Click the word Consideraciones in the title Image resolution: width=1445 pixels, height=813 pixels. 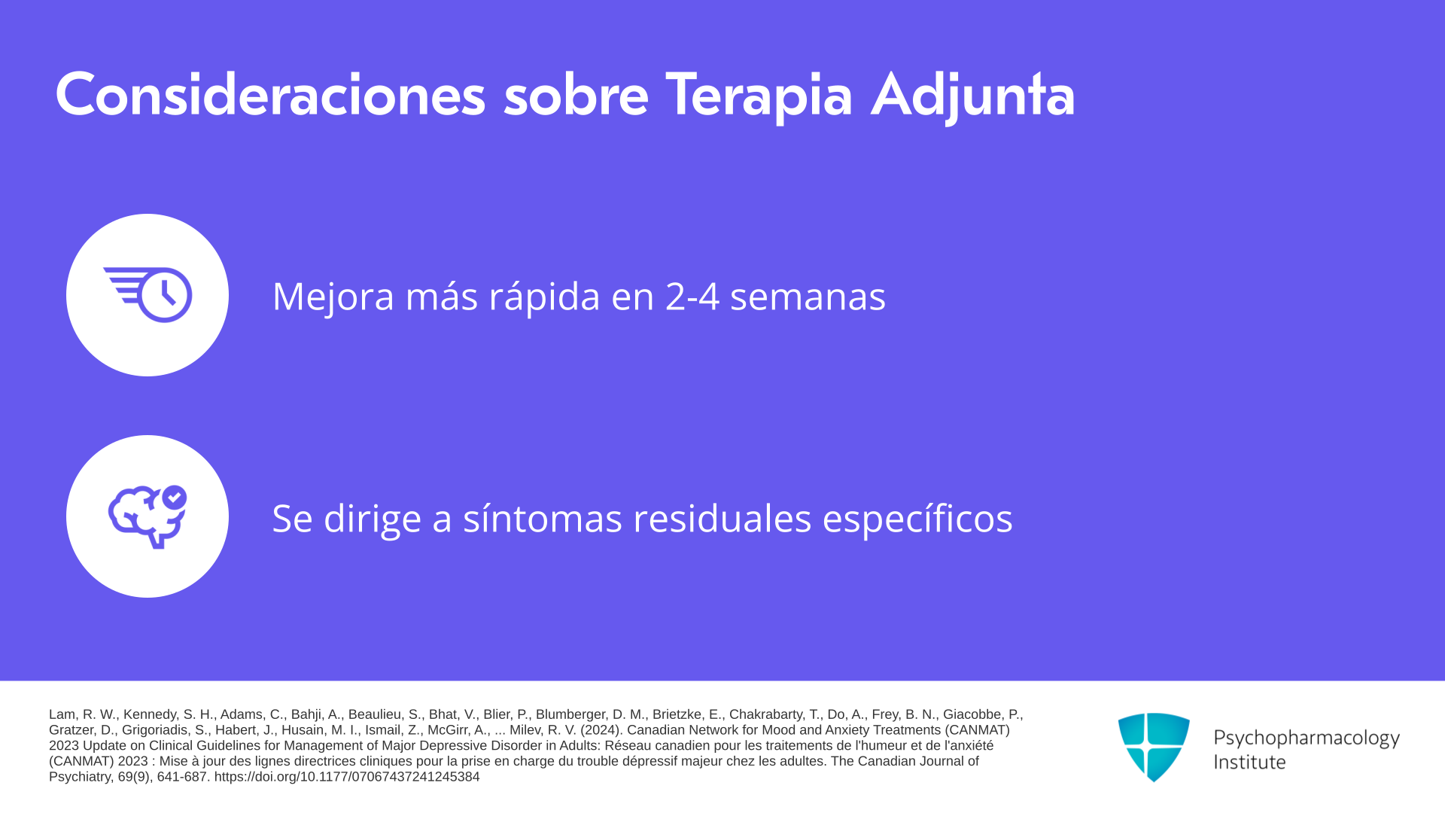[x=270, y=95]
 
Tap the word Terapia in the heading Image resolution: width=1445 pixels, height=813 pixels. [x=759, y=96]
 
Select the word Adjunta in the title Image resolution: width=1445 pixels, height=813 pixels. [x=973, y=96]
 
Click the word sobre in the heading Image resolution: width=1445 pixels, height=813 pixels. [x=576, y=95]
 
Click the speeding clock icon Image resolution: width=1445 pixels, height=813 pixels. [x=148, y=294]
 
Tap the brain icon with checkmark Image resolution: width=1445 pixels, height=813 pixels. [x=148, y=516]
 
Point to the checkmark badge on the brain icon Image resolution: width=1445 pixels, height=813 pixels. [x=175, y=497]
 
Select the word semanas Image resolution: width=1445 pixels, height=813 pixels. [x=808, y=297]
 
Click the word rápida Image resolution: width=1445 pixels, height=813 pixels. [x=545, y=297]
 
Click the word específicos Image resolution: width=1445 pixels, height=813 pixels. [x=917, y=519]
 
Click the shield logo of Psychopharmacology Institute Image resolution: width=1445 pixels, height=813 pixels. [x=1154, y=747]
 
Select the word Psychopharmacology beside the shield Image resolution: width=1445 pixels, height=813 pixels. [x=1307, y=738]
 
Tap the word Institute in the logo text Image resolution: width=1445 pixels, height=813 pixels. [x=1249, y=762]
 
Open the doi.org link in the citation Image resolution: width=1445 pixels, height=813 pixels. [x=347, y=777]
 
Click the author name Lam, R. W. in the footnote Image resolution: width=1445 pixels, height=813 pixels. [x=83, y=714]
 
